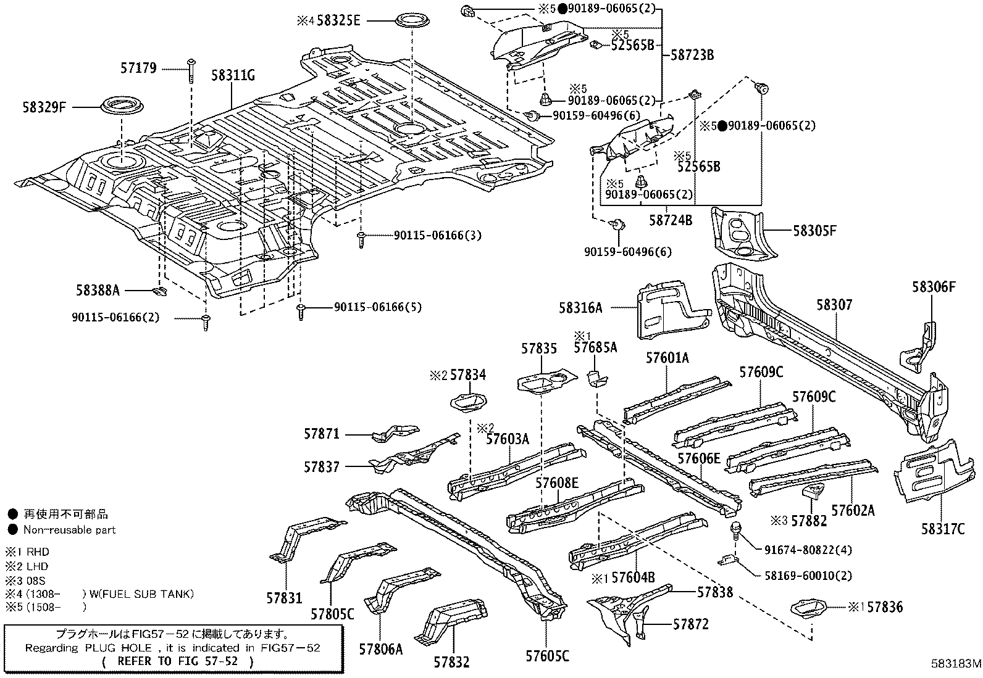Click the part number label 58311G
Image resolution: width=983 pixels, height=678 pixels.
click(x=233, y=76)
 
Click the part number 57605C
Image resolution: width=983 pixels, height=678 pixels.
click(x=548, y=656)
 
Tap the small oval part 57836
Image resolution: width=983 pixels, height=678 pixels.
click(x=809, y=607)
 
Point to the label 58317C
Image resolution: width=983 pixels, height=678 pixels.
click(x=942, y=529)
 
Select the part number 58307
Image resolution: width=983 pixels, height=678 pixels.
click(x=834, y=305)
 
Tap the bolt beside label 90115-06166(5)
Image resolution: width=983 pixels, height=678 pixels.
click(x=301, y=311)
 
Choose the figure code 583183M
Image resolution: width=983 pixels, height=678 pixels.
click(x=956, y=665)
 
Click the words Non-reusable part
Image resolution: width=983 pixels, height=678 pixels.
click(x=69, y=529)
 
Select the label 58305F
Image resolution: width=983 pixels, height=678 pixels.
click(x=814, y=231)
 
